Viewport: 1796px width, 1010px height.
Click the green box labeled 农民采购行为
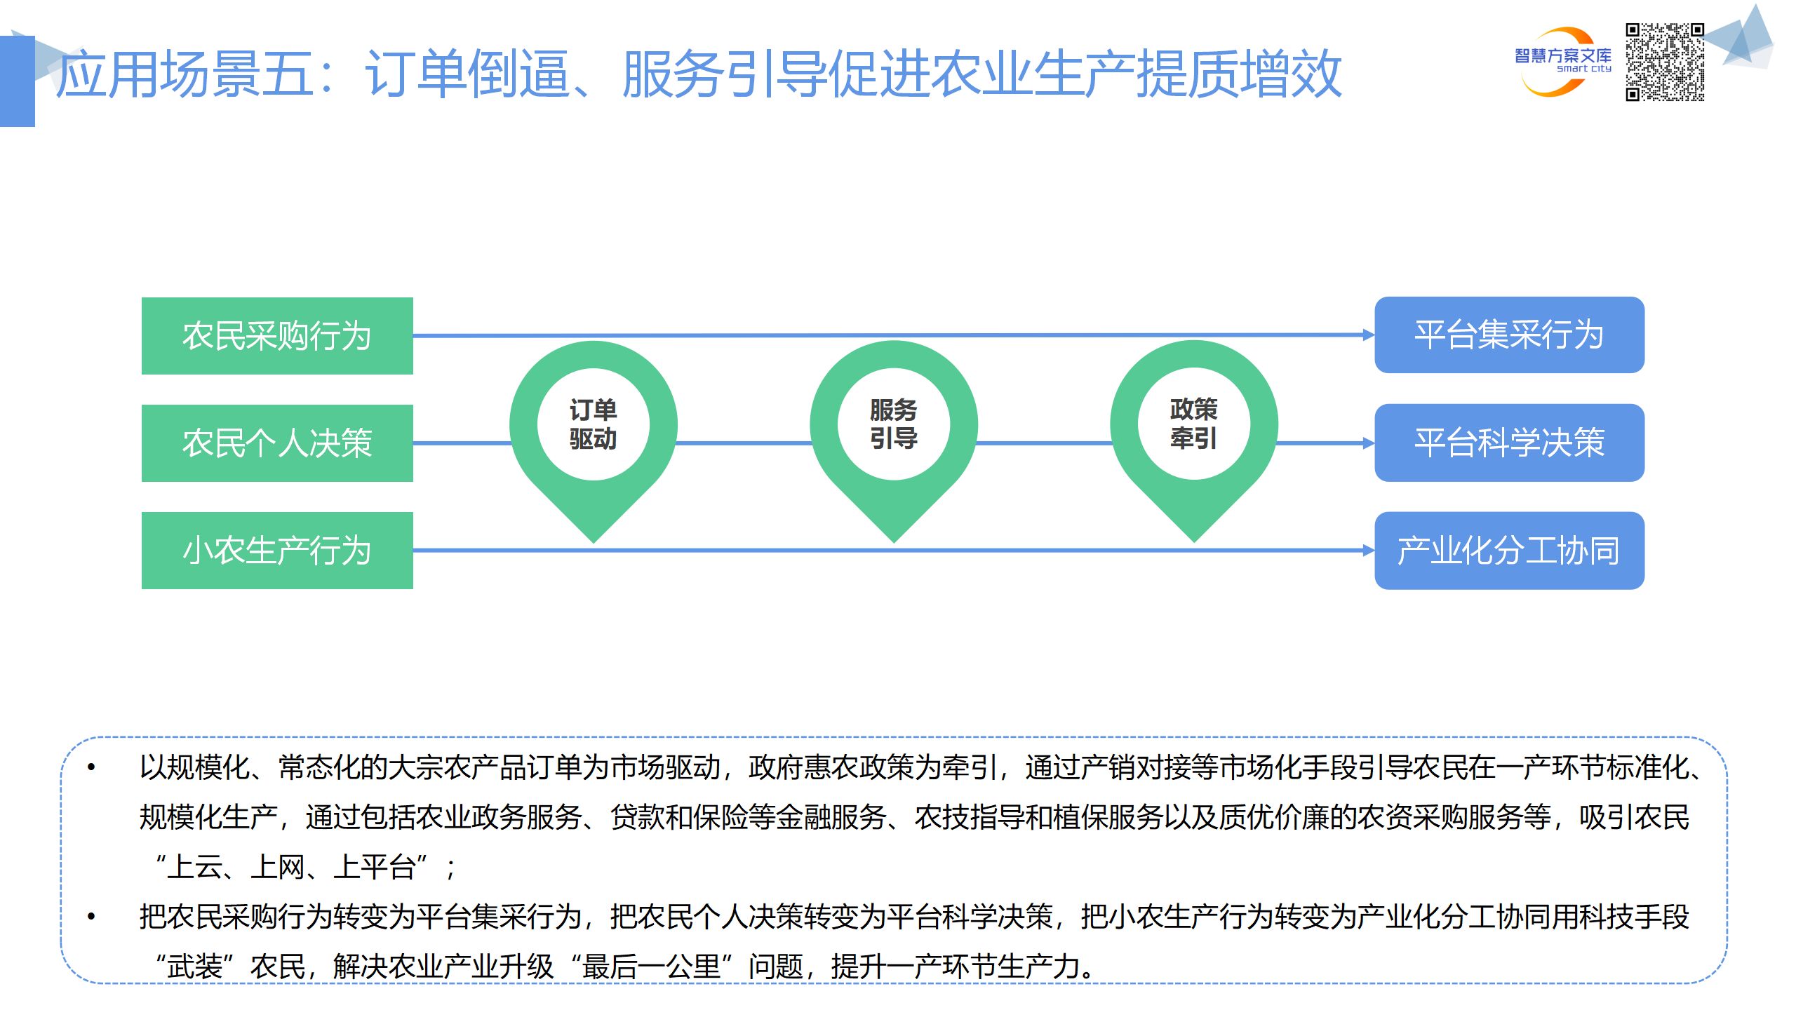[x=277, y=335]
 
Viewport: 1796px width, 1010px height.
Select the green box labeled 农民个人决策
[x=277, y=443]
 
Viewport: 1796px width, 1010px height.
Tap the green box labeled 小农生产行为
[x=277, y=550]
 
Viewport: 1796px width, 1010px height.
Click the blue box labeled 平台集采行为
[x=1509, y=335]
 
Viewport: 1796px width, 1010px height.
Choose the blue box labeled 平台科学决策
[x=1509, y=443]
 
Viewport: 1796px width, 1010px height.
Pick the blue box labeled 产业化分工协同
[x=1509, y=551]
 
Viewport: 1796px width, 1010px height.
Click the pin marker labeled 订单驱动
[x=594, y=424]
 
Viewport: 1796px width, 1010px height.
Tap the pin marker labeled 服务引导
[x=894, y=424]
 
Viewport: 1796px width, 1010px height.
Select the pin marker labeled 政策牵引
[x=1194, y=424]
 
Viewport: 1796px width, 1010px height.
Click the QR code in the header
[x=1665, y=62]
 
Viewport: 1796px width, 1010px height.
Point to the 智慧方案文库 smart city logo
[x=1562, y=62]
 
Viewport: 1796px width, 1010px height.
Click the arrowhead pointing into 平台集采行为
[x=1368, y=335]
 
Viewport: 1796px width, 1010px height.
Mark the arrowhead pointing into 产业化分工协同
[x=1368, y=551]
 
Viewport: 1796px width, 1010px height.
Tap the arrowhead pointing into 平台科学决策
[x=1368, y=443]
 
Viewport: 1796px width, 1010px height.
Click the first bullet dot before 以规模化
[x=91, y=767]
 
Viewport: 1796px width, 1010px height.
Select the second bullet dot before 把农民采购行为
[x=91, y=916]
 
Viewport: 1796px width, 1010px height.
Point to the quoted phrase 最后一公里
[x=652, y=967]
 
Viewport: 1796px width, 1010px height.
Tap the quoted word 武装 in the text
[x=195, y=967]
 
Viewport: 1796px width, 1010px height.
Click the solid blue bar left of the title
[x=17, y=81]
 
